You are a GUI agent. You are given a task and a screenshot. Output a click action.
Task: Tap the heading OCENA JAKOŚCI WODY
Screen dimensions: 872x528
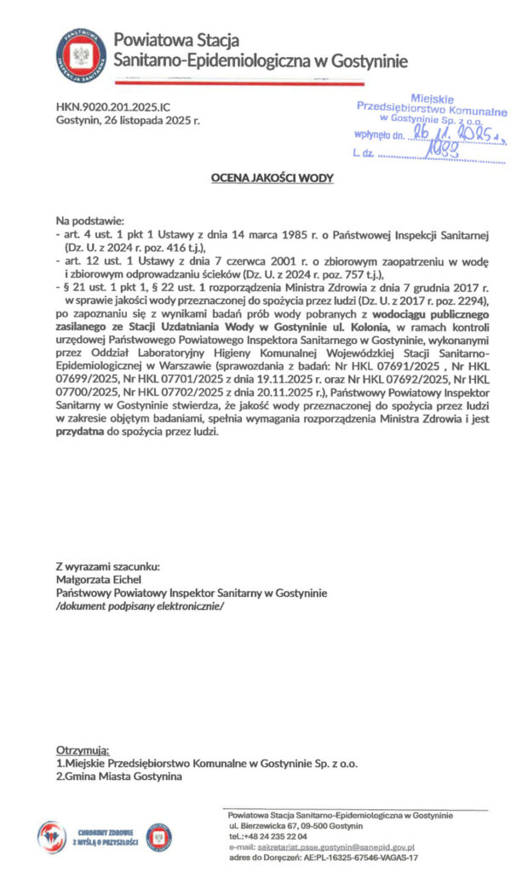[272, 178]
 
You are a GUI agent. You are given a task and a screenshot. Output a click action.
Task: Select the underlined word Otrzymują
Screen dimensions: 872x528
[83, 749]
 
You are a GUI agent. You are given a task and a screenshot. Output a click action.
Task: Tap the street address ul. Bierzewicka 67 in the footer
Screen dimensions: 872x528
[267, 826]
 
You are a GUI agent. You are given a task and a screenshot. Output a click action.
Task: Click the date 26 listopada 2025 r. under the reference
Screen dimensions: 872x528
[128, 122]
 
